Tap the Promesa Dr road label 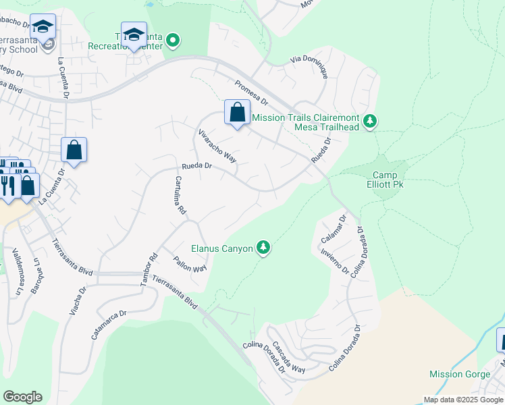(251, 93)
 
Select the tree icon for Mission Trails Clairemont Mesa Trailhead (369, 121)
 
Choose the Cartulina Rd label (180, 195)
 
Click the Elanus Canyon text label (222, 249)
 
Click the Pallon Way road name (189, 264)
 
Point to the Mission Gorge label (456, 374)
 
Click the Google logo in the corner (22, 397)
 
